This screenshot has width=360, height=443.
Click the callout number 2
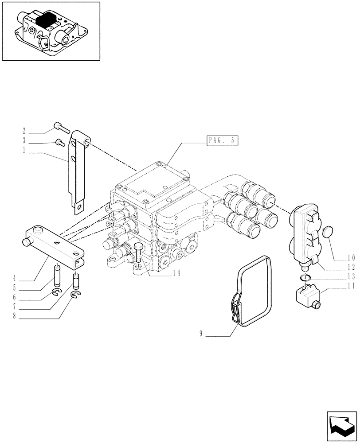coord(24,132)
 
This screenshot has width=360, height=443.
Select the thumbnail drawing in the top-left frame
coord(50,32)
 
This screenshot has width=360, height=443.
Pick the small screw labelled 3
coord(59,142)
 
